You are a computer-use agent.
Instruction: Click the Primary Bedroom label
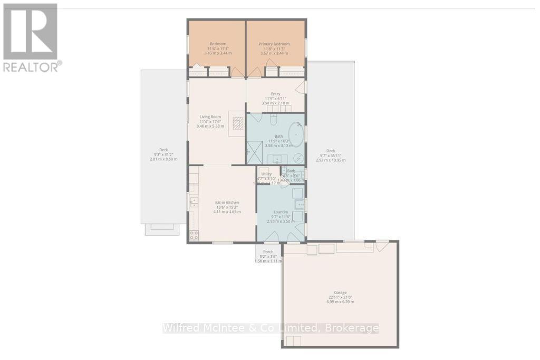coord(276,44)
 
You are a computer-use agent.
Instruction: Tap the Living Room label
coord(210,117)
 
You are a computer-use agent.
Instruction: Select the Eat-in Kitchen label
coord(227,202)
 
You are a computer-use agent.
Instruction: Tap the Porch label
coord(268,252)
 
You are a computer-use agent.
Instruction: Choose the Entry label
coord(276,94)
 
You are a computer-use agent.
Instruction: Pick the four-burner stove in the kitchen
coord(194,235)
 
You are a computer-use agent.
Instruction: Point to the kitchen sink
coord(193,201)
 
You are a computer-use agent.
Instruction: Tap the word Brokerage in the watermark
coord(352,328)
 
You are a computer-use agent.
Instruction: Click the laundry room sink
coord(297,205)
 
